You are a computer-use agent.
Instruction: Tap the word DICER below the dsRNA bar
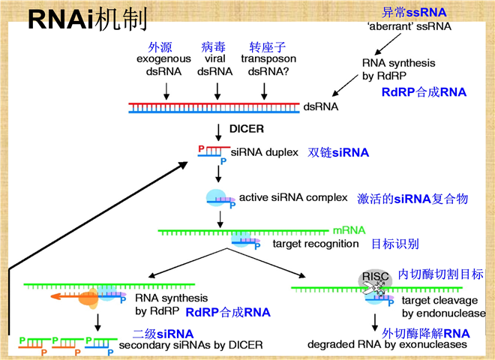247,128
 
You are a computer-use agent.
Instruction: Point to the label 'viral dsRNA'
217,64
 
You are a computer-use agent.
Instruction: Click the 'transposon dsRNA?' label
268,64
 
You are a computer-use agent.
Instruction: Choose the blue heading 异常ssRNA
414,12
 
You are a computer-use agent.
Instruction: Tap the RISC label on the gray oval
376,276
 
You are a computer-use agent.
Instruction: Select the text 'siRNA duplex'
265,151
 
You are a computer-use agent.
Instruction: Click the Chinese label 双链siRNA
338,152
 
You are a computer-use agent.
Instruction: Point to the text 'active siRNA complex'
293,198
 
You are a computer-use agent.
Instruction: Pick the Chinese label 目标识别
395,244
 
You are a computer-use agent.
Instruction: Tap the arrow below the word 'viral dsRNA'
217,91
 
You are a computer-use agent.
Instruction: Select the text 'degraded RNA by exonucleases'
388,345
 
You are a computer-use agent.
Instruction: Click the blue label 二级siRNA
163,334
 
